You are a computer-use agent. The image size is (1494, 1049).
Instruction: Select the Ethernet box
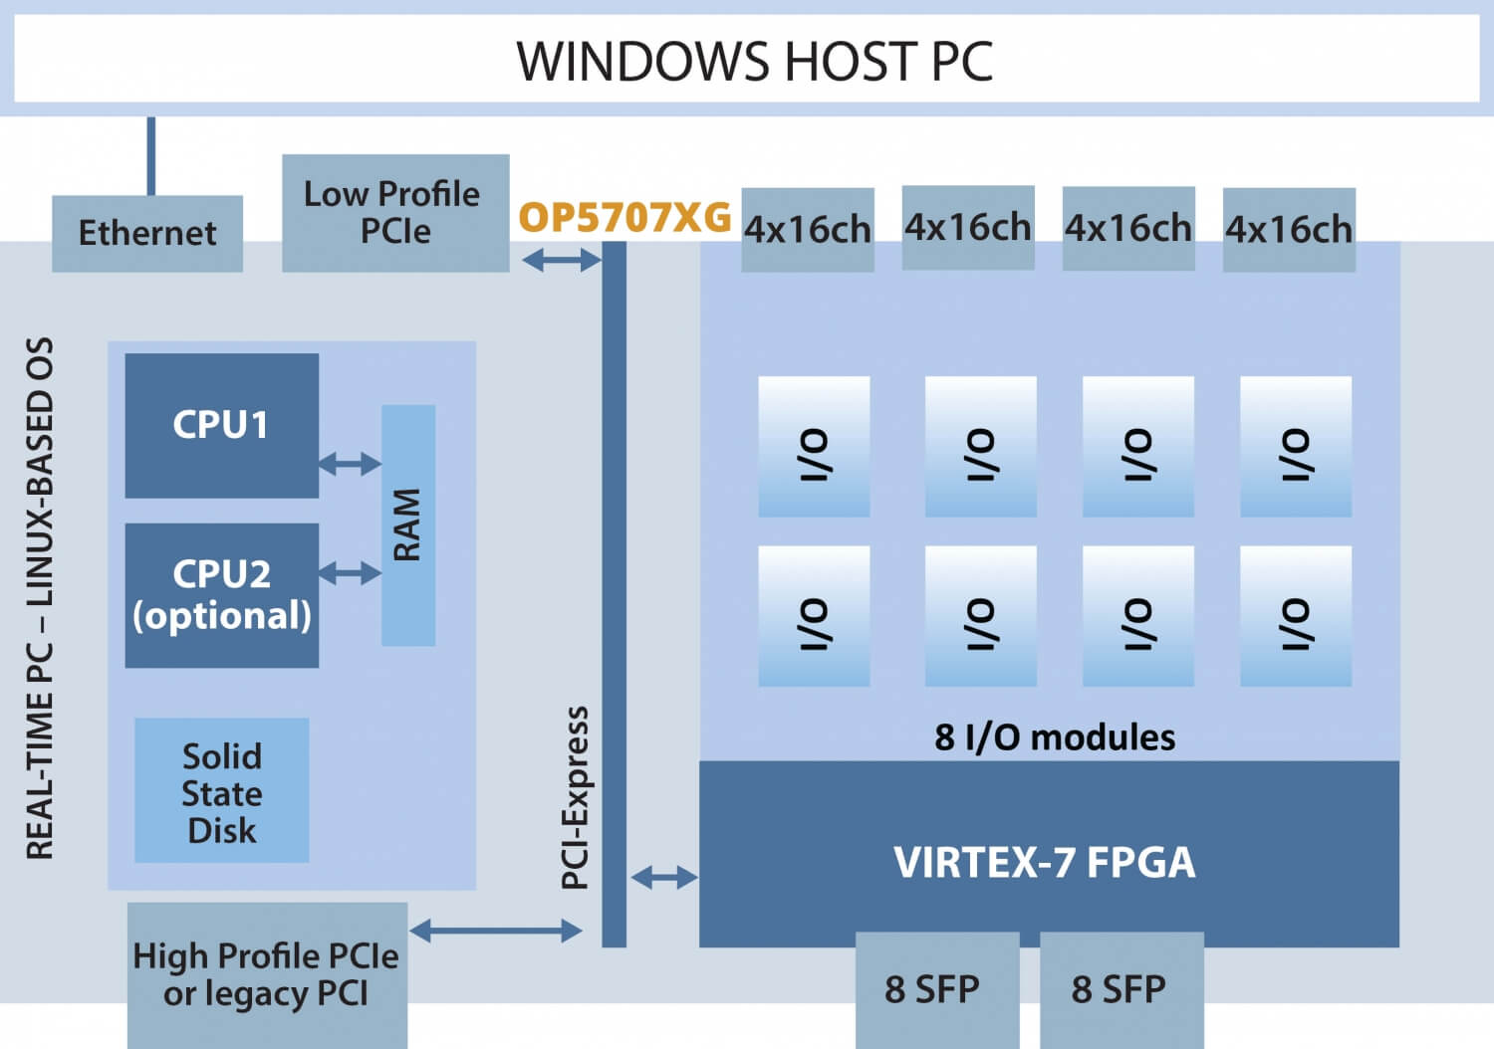(147, 233)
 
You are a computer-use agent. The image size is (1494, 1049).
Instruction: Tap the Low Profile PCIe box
(395, 212)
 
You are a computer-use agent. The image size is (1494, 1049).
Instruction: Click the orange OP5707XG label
(624, 217)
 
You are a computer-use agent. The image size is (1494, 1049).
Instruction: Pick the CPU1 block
(221, 425)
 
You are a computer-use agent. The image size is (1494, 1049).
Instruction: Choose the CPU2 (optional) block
(221, 594)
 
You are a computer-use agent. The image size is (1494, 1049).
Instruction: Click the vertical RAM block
(408, 524)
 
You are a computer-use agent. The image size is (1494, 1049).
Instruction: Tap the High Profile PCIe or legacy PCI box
(267, 973)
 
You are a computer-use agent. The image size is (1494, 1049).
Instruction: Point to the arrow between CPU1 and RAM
(350, 463)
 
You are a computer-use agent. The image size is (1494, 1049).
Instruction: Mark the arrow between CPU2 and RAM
(350, 572)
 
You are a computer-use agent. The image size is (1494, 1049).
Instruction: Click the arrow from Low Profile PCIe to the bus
(562, 261)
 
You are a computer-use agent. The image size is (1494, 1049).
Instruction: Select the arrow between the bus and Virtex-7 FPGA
(664, 877)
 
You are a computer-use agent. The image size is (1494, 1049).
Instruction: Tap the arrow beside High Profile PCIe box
(495, 931)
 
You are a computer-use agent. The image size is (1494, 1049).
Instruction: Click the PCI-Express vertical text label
(576, 796)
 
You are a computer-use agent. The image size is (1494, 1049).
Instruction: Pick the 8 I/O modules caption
(1054, 736)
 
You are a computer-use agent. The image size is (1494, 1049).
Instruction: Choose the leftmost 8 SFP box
(936, 988)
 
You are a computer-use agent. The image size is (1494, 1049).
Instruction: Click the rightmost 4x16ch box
(1289, 229)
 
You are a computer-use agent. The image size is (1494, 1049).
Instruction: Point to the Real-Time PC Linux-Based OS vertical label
(40, 597)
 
